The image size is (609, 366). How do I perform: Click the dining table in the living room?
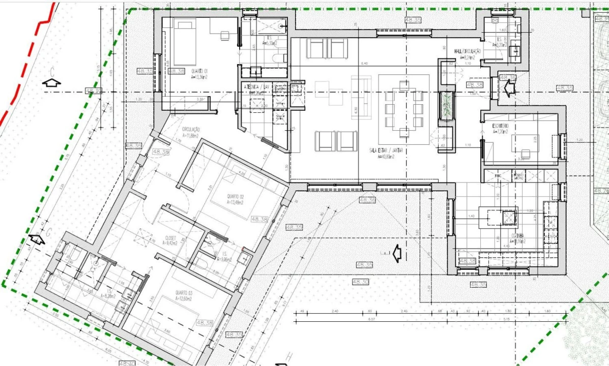click(404, 108)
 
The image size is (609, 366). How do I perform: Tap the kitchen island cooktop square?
click(509, 218)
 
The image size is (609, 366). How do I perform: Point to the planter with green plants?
click(446, 106)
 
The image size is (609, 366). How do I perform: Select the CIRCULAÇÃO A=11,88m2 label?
click(191, 133)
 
